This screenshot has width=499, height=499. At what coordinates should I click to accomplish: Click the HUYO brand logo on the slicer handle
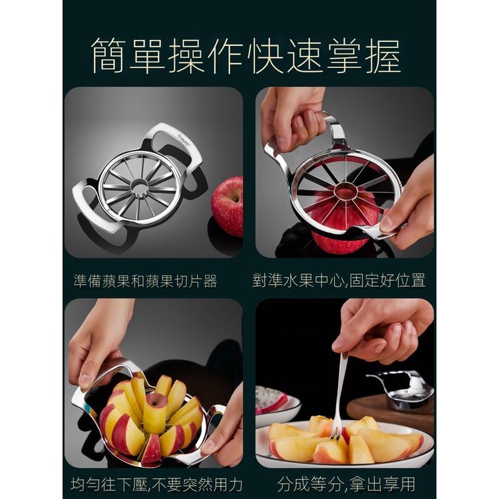(184, 140)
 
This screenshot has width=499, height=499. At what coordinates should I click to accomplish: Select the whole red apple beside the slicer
(227, 206)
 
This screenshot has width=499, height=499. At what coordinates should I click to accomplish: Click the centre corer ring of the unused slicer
(138, 186)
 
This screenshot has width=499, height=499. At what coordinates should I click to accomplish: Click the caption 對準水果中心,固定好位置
(339, 280)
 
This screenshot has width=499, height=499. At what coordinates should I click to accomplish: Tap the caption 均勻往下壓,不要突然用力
(156, 484)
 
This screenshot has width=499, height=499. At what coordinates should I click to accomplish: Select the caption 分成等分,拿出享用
(346, 484)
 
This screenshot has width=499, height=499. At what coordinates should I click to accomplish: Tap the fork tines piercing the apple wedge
(336, 433)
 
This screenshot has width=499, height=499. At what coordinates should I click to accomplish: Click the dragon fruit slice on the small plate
(270, 397)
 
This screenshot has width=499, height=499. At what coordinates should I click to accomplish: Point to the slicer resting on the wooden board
(402, 390)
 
